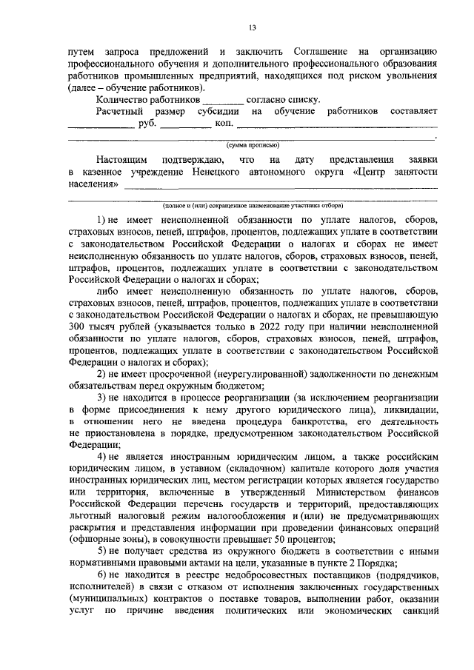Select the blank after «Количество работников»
(222, 98)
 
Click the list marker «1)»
(103, 220)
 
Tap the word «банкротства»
(294, 422)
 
